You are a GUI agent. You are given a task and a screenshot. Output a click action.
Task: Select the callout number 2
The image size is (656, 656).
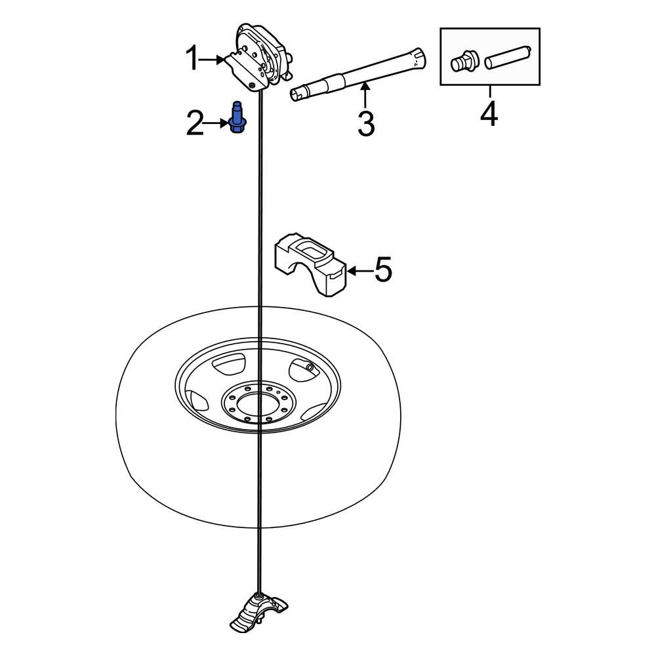(195, 123)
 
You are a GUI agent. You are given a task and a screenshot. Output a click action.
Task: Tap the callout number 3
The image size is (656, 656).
(366, 123)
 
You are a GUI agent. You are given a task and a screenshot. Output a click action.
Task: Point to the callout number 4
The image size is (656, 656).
(489, 114)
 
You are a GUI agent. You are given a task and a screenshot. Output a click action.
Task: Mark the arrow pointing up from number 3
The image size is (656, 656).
(365, 94)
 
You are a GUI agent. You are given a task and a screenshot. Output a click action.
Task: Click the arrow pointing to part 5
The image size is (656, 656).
(358, 270)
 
